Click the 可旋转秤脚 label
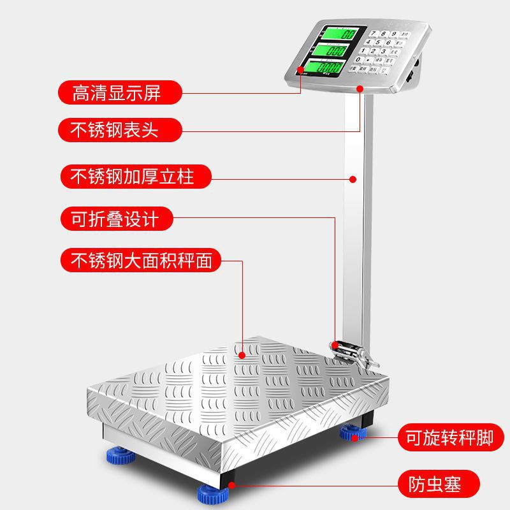(450, 437)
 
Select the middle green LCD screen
(335, 50)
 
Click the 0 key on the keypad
(357, 59)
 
